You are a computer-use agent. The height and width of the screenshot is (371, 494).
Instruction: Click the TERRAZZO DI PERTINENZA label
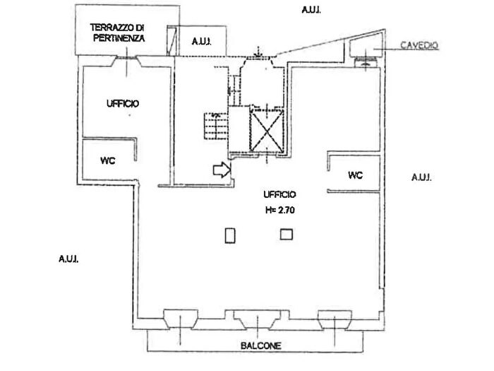pyautogui.click(x=117, y=33)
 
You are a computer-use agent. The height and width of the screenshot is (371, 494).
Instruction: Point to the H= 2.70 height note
pyautogui.click(x=280, y=209)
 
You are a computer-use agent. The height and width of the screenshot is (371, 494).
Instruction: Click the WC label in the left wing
pyautogui.click(x=107, y=160)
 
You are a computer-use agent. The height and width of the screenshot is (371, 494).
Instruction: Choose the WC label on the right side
pyautogui.click(x=355, y=175)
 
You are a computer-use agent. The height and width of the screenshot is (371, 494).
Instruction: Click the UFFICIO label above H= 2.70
pyautogui.click(x=280, y=194)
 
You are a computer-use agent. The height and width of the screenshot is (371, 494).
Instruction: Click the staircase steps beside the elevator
pyautogui.click(x=214, y=128)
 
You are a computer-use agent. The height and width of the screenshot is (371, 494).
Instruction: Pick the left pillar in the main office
pyautogui.click(x=230, y=235)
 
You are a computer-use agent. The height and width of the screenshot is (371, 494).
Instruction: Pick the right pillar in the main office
pyautogui.click(x=286, y=235)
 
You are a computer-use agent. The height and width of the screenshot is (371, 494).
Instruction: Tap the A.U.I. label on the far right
pyautogui.click(x=421, y=177)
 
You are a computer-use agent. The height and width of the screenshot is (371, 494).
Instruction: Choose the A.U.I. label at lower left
pyautogui.click(x=68, y=259)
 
